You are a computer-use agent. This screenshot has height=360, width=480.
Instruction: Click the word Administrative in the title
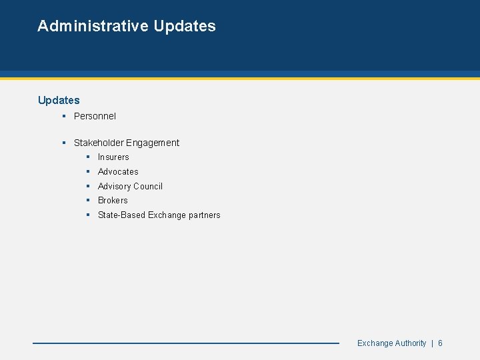(x=93, y=26)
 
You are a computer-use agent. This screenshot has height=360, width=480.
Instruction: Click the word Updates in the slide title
(x=185, y=26)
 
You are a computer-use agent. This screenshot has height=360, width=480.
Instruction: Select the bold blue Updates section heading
(x=59, y=100)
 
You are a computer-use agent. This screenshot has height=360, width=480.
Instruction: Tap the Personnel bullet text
(x=95, y=116)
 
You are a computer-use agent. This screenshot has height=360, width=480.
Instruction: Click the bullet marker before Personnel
(x=63, y=116)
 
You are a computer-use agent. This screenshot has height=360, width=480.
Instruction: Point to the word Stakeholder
(x=99, y=143)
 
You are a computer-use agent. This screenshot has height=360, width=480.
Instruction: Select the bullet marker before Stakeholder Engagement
(x=63, y=143)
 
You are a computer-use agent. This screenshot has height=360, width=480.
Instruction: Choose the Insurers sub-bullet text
(x=113, y=157)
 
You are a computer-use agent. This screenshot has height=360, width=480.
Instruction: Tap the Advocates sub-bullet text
(x=118, y=171)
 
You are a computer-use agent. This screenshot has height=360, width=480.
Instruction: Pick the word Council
(x=149, y=187)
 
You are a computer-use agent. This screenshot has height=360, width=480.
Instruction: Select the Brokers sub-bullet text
(x=113, y=201)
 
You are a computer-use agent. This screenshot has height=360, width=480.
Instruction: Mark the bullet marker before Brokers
(x=88, y=201)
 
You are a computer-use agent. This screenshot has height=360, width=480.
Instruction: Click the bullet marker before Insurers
(x=88, y=157)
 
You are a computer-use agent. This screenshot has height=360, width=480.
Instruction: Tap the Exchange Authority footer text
(x=391, y=343)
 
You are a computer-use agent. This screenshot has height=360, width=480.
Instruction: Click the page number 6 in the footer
(x=441, y=343)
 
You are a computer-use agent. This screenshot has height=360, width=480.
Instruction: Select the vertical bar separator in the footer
(x=432, y=343)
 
